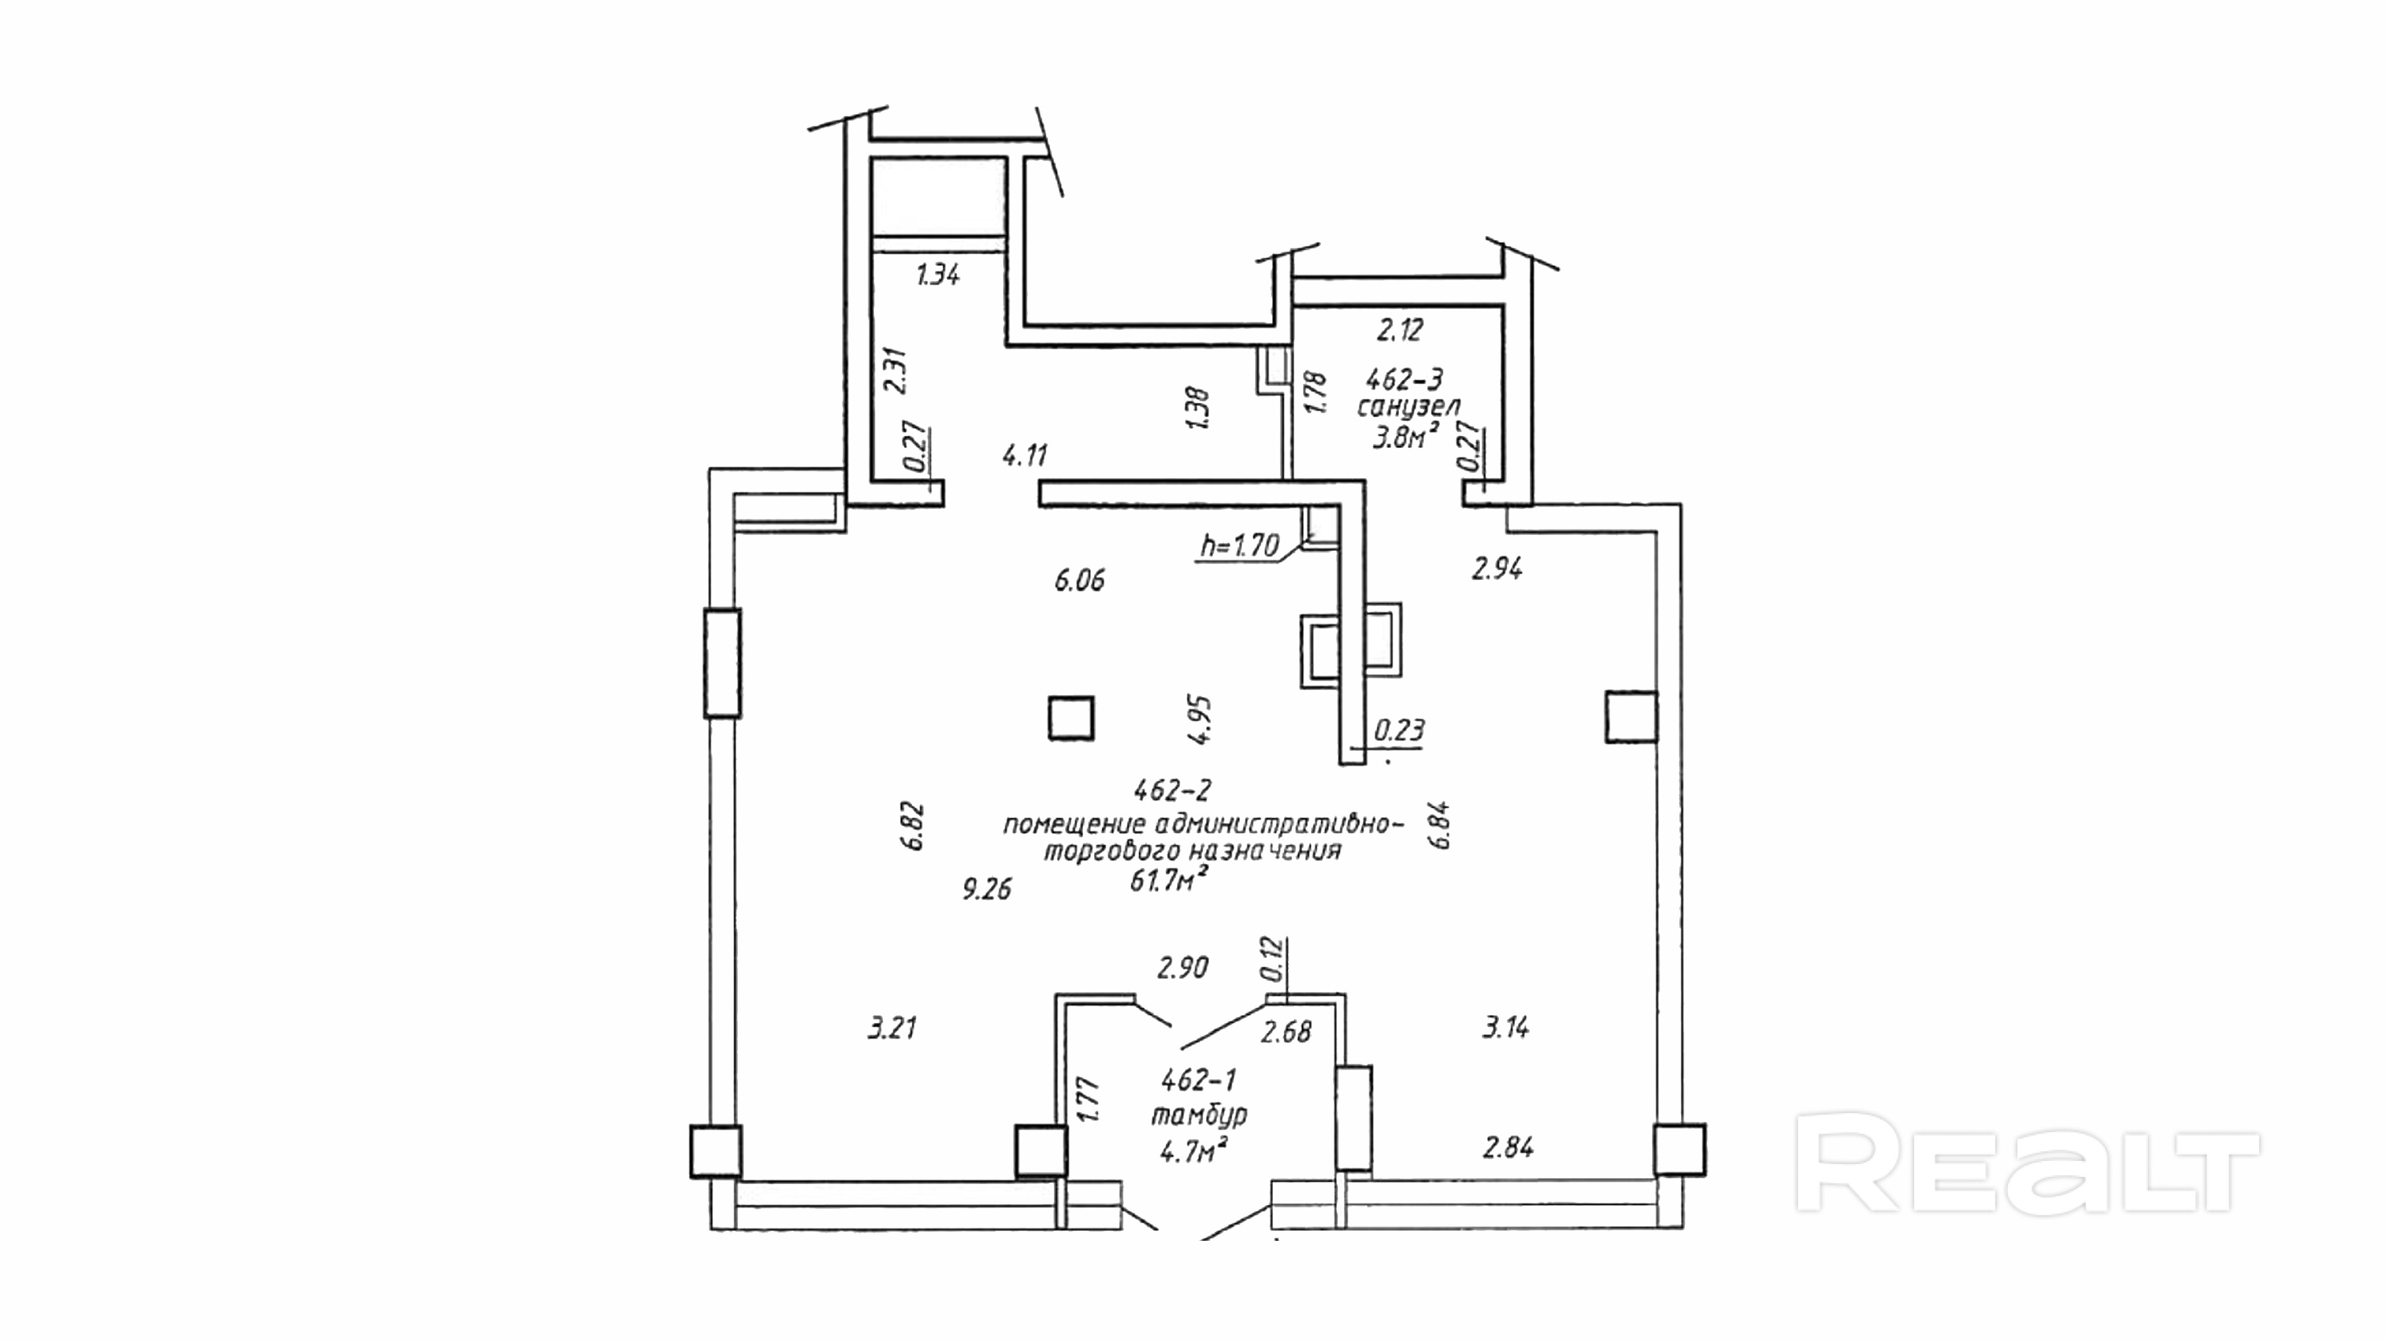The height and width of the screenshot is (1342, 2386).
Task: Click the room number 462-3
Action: click(1404, 379)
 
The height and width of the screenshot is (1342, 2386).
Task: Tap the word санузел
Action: click(1409, 407)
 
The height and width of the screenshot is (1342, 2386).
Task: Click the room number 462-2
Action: click(1173, 790)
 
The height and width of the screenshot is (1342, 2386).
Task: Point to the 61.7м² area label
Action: click(1168, 880)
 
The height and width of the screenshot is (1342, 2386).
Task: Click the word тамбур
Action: click(1198, 1114)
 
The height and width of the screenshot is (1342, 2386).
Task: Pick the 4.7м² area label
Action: click(1194, 1151)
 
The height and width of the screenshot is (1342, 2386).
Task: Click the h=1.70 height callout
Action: click(1239, 546)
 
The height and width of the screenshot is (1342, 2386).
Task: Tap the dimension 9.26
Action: click(986, 890)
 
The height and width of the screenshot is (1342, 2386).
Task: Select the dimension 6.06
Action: click(1079, 580)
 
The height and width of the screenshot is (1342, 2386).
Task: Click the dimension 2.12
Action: click(1400, 330)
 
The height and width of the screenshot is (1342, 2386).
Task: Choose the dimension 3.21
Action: click(892, 1028)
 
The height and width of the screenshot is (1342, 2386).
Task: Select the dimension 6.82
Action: click(913, 826)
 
